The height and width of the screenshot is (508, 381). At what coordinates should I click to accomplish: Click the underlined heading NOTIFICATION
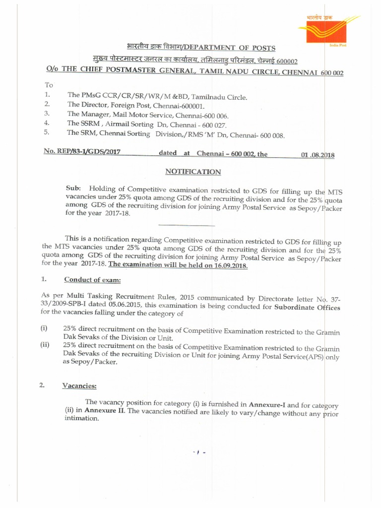192,172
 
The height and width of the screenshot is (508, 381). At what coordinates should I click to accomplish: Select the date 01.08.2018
318,155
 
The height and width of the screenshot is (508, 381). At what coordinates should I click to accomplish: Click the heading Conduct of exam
92,280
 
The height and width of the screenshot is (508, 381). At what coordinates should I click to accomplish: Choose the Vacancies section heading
79,385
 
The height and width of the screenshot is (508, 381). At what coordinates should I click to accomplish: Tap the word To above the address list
49,85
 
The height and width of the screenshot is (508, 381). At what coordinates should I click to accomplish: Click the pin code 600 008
270,134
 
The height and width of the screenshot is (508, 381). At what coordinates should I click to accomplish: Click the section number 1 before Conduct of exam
44,280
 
